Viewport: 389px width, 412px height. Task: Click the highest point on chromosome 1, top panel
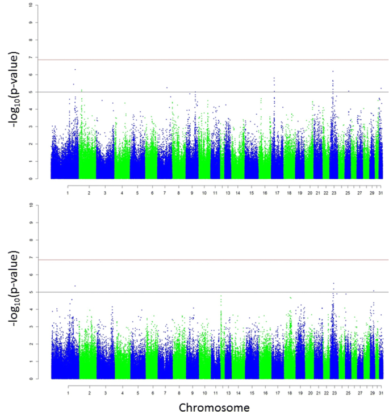pos(75,69)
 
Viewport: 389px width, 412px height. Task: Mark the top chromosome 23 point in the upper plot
pos(333,72)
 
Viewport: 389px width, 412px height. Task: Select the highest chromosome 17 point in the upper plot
pos(274,78)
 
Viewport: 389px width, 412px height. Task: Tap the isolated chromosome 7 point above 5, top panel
pos(167,87)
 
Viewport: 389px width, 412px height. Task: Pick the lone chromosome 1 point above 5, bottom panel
pos(75,285)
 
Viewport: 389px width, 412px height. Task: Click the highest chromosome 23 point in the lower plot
pos(333,283)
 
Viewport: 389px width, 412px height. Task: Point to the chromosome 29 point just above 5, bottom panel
pos(373,291)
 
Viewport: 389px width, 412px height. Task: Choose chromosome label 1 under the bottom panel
pos(68,392)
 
